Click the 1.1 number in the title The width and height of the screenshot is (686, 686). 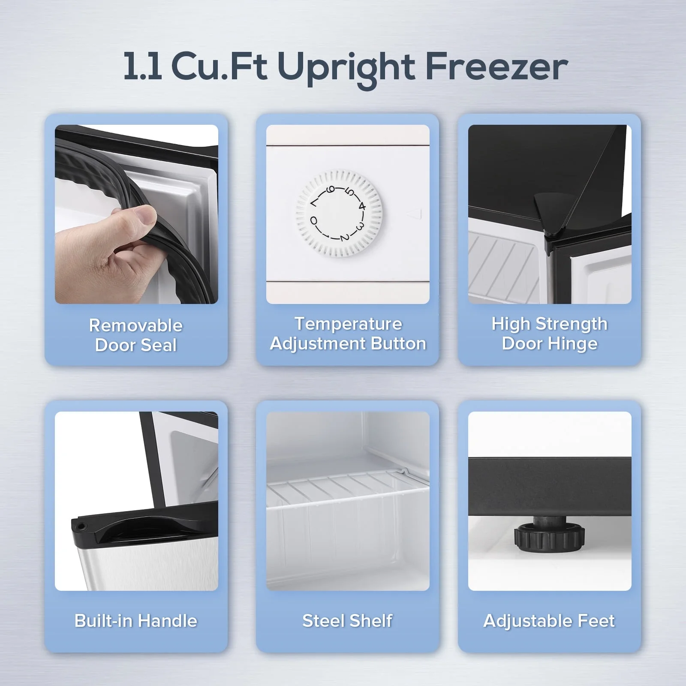[x=142, y=67]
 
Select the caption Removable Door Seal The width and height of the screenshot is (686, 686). [x=136, y=335]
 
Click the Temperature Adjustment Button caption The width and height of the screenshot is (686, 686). [x=348, y=334]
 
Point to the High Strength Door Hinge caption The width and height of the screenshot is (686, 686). [x=549, y=334]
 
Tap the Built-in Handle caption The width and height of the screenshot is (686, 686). [x=136, y=620]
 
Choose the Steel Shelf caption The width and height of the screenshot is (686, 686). [x=347, y=620]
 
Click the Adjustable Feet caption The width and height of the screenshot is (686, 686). [x=549, y=620]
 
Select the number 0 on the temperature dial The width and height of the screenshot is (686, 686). [x=314, y=221]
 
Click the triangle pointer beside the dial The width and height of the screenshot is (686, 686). [x=418, y=214]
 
